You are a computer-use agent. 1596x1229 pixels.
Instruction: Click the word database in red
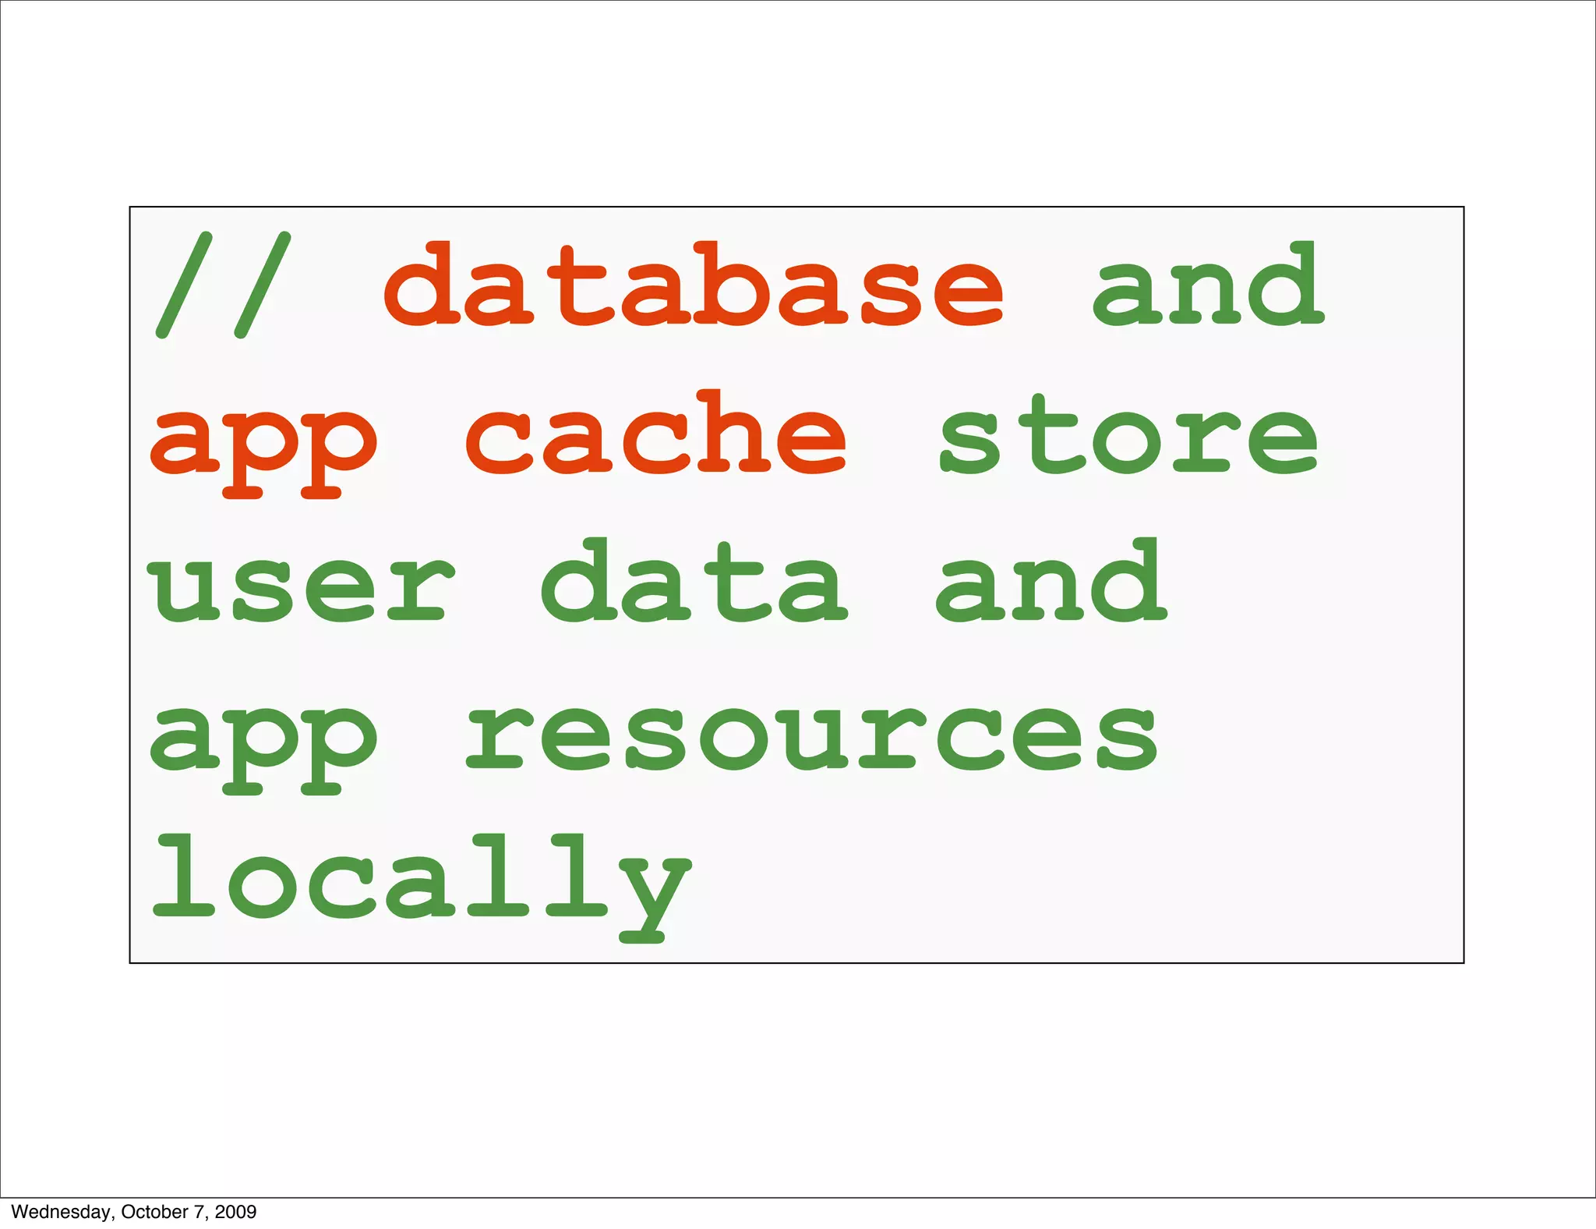pos(693,285)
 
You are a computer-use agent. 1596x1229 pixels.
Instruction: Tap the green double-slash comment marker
pos(223,285)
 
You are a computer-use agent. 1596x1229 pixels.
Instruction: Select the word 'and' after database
pos(1207,285)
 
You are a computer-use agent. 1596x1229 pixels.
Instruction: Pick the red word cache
pos(655,434)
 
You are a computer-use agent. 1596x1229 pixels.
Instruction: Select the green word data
pos(693,582)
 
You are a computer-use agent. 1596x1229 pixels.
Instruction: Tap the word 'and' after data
pos(1050,582)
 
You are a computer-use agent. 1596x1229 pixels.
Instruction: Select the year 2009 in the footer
pos(235,1212)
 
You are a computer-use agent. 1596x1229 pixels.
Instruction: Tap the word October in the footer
pos(154,1212)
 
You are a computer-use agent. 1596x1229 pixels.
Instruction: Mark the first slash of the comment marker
pos(184,285)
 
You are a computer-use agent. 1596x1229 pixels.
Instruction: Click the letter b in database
pos(733,285)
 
